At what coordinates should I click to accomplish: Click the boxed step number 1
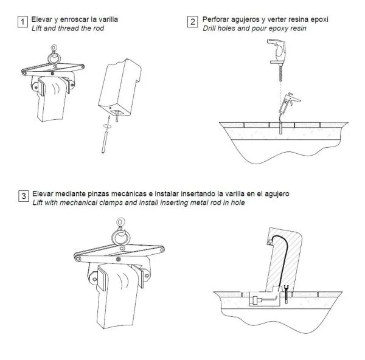[23, 22]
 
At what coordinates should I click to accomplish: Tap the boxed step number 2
[192, 22]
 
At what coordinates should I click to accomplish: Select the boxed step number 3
[24, 196]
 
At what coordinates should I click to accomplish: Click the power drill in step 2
[277, 52]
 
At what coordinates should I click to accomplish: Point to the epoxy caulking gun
[288, 104]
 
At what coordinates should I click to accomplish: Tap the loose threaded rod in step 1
[104, 142]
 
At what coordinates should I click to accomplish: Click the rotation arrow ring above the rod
[107, 126]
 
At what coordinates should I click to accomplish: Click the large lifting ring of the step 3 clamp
[120, 237]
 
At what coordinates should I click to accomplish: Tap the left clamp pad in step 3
[102, 279]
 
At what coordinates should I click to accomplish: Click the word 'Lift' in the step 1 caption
[36, 29]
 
